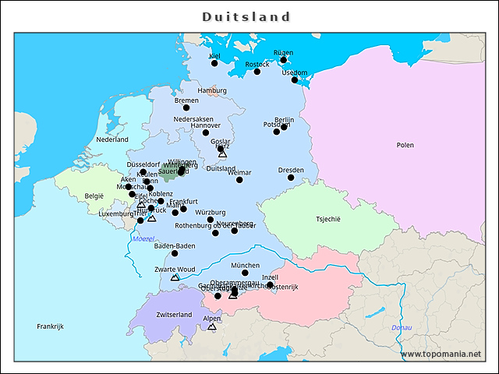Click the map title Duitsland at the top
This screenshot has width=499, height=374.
pos(246,16)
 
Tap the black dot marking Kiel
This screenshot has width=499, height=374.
pos(214,63)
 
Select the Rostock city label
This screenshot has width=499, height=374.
pos(257,65)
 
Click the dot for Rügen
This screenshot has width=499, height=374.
pos(284,60)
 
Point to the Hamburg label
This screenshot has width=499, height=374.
pos(212,90)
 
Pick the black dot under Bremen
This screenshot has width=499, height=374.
pos(186,108)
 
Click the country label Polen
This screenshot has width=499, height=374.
pos(405,145)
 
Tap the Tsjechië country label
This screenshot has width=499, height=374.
pos(328,219)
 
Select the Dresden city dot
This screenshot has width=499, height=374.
pos(291,178)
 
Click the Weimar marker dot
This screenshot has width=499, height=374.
pos(239,180)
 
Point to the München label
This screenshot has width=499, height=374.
pos(245,265)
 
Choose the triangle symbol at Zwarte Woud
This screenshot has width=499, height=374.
pos(175,277)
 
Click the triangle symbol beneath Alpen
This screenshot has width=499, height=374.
pos(212,326)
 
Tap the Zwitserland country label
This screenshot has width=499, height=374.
pos(174,315)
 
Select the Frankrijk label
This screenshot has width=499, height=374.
pos(50,326)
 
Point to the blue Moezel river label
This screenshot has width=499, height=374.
pos(143,239)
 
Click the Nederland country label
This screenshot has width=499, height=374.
pos(112,139)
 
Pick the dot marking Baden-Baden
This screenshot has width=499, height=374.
pos(175,253)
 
